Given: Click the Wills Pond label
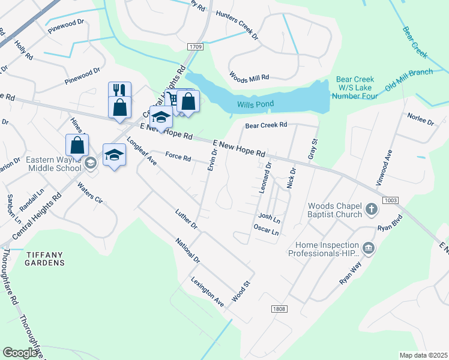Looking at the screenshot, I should tap(255, 104).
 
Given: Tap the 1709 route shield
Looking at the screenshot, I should tap(195, 47).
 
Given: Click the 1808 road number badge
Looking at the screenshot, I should tap(279, 309).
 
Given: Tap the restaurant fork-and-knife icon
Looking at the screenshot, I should tap(119, 90).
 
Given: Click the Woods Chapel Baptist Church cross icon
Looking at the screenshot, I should tap(372, 209).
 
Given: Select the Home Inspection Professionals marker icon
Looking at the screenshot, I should tap(368, 247).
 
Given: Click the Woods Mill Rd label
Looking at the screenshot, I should tap(250, 77).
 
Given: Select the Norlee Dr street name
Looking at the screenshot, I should tap(420, 118).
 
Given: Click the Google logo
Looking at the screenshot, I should tap(20, 353).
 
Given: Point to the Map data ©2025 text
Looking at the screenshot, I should tap(423, 355).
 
